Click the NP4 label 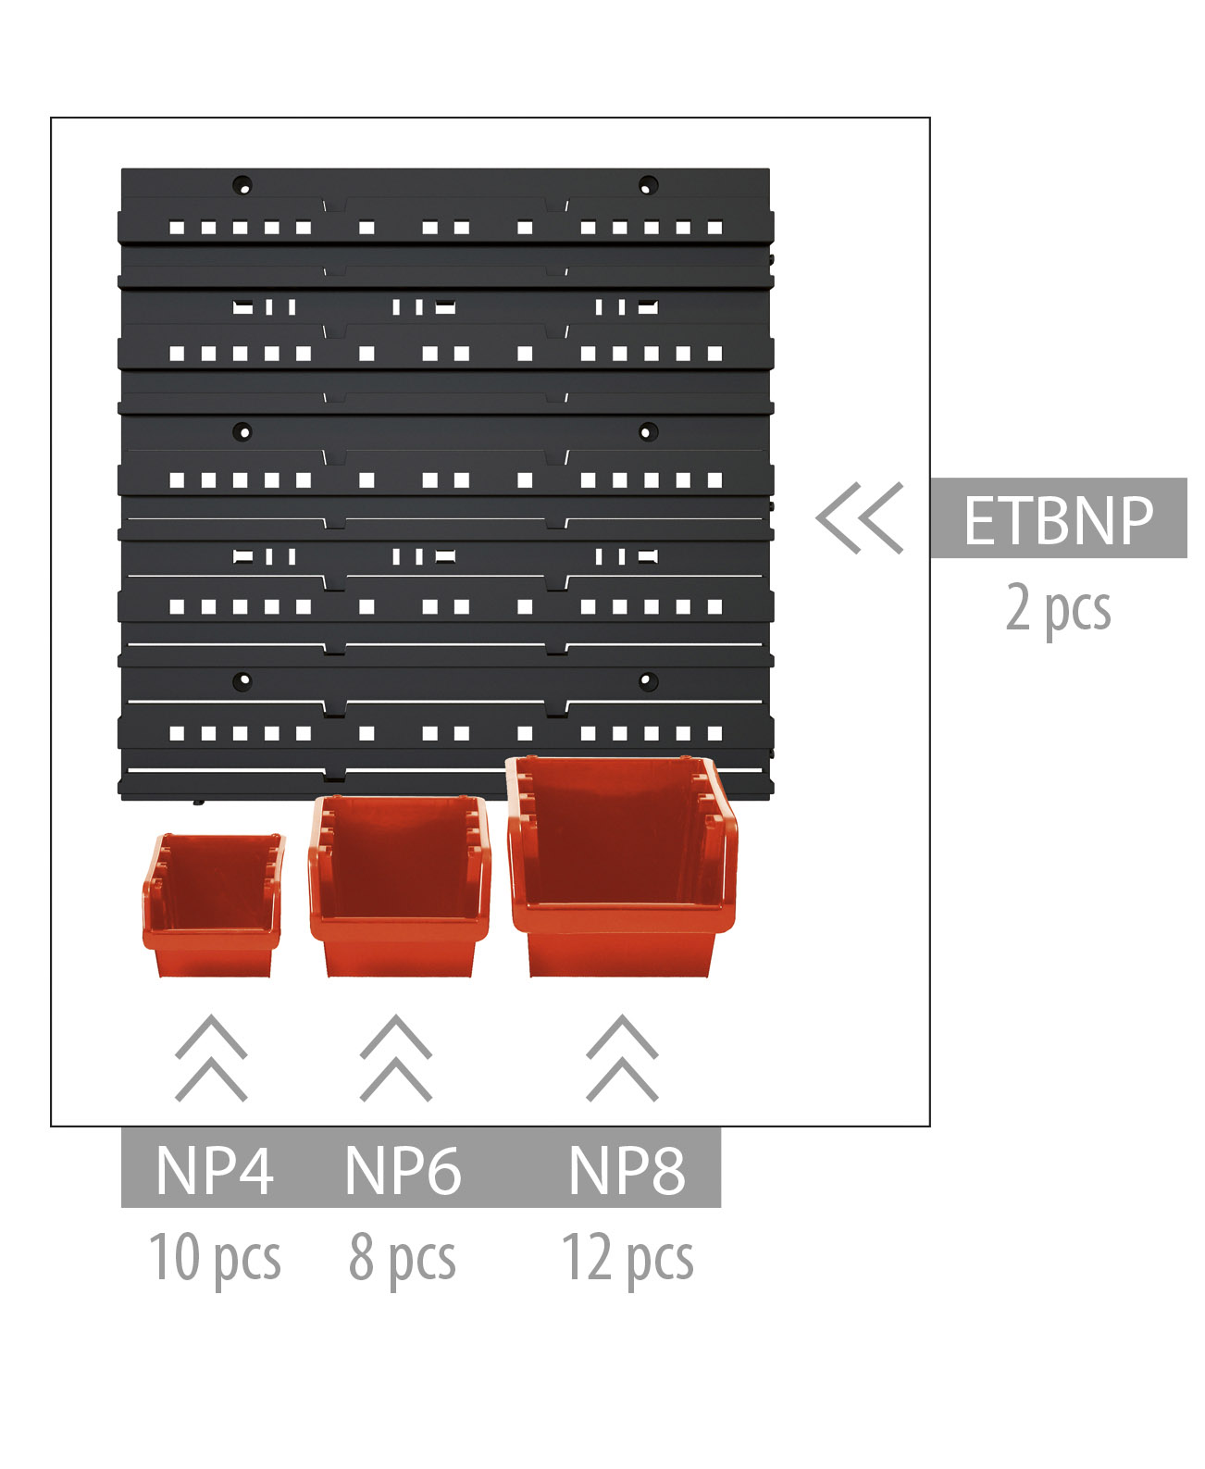(214, 1171)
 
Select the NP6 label (403, 1171)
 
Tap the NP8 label (627, 1171)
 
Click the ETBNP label (1058, 519)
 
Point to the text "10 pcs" (214, 1258)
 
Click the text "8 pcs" (403, 1258)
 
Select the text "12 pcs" (627, 1258)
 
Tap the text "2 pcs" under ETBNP (1058, 608)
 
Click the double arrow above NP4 (211, 1058)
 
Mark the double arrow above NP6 (396, 1058)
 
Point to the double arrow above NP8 (622, 1058)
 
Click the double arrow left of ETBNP (860, 518)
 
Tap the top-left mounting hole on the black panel (242, 184)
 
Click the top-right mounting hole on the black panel (649, 184)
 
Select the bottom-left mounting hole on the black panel (242, 681)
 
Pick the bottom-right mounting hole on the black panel (648, 681)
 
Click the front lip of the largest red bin (623, 920)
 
